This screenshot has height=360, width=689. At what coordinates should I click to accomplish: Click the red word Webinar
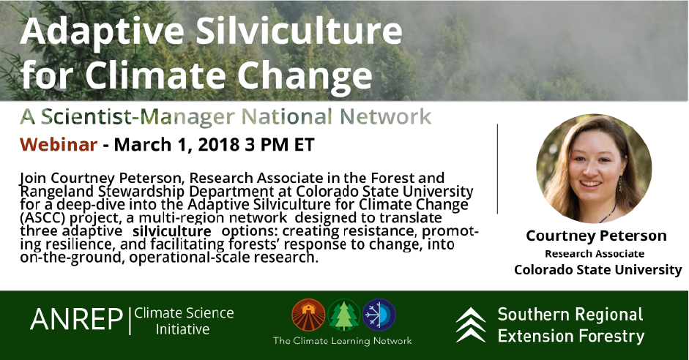pos(59,144)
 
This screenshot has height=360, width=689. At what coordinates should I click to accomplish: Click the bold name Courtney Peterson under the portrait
pos(597,236)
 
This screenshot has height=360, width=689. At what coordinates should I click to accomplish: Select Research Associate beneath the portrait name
pos(597,253)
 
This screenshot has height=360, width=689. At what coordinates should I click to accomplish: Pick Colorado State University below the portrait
pos(597,269)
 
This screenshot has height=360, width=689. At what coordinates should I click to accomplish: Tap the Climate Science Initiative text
pos(184,321)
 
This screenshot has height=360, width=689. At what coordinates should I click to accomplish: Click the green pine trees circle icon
pos(343,315)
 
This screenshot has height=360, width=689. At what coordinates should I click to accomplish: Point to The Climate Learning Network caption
pos(343,340)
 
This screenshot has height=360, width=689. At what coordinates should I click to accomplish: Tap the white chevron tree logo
pos(470,324)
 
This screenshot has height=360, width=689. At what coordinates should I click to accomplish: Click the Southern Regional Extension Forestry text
pos(570,325)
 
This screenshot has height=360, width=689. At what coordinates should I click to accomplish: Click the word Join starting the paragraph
pos(34,178)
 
